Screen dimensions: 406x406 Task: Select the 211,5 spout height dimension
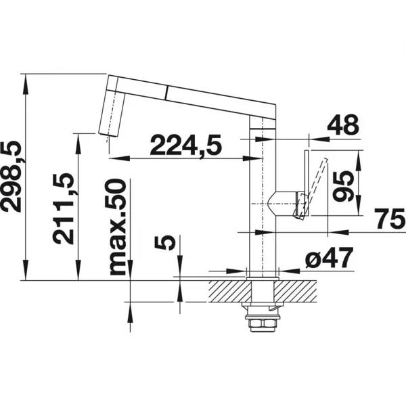[63, 208]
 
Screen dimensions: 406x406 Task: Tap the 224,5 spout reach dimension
[185, 145]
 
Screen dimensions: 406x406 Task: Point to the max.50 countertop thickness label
[118, 227]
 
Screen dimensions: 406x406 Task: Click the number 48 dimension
[344, 125]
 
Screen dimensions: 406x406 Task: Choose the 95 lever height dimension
[343, 187]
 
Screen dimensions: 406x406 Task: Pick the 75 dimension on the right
[389, 219]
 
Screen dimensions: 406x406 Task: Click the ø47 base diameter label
[329, 258]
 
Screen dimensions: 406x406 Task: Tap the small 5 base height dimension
[164, 243]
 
